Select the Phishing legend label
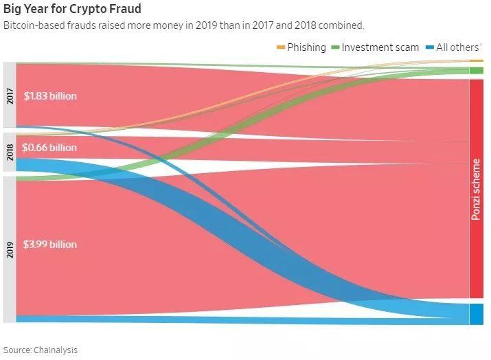click(306, 47)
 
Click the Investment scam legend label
click(380, 47)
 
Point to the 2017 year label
click(10, 95)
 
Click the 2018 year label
click(10, 152)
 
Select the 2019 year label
click(10, 248)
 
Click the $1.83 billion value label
click(49, 96)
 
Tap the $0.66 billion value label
click(49, 148)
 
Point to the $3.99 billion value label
click(49, 245)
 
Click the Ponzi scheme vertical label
click(475, 190)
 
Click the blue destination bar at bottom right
click(476, 313)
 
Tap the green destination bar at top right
click(476, 71)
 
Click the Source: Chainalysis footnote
click(41, 350)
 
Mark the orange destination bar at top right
click(476, 62)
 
